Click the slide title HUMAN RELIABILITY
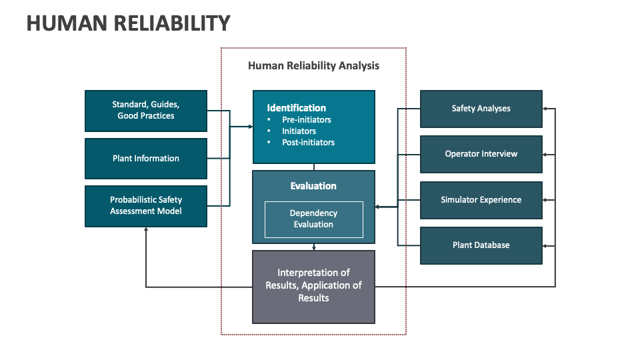(128, 23)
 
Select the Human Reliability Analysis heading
(313, 65)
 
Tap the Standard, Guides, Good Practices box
(146, 111)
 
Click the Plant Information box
(146, 159)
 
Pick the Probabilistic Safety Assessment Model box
(146, 205)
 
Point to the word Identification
(297, 108)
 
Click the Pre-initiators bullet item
(306, 120)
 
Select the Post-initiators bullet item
(308, 142)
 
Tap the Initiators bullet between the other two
(299, 131)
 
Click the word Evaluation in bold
(313, 186)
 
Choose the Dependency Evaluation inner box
(313, 219)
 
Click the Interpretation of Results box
(313, 285)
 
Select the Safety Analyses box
(481, 109)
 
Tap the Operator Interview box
(481, 154)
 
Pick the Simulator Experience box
(481, 200)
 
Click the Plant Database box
(481, 245)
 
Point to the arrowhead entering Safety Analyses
(545, 109)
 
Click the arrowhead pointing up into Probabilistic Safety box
(146, 229)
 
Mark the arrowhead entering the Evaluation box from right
(378, 207)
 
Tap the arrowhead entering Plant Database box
(545, 246)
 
